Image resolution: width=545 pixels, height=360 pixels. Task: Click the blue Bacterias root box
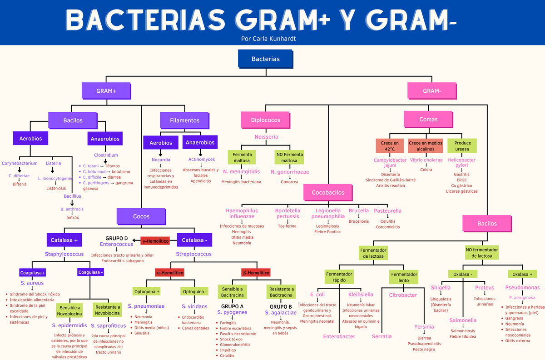coord(266,59)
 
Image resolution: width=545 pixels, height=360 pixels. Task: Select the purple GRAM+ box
coord(106,91)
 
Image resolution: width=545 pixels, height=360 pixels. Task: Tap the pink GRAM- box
coord(432,91)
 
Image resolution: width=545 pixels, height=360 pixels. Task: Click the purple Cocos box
coord(141,216)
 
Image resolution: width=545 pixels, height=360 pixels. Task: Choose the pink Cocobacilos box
coord(328,192)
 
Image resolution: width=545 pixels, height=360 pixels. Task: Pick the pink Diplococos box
coord(266,120)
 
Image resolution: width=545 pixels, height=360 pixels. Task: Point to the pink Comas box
coord(429,120)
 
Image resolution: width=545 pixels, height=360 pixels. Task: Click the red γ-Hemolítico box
coord(155,240)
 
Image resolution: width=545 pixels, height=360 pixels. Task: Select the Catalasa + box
coord(64,240)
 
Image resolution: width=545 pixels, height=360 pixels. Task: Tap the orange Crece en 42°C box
coord(390,146)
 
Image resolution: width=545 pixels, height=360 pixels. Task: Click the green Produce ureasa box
coord(462,146)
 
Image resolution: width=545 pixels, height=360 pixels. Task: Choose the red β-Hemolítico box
coord(256,273)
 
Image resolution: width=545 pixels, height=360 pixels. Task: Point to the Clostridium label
coord(106,155)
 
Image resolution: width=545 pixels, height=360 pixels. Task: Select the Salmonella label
coord(463,320)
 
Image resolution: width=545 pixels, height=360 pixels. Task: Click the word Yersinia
coord(424,326)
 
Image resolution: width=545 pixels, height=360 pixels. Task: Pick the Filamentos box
coord(184,120)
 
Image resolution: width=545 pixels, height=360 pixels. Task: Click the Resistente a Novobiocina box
coord(107,310)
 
